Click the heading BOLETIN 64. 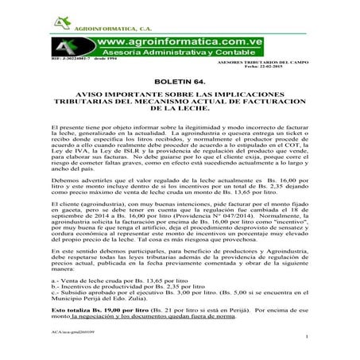[180, 81]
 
